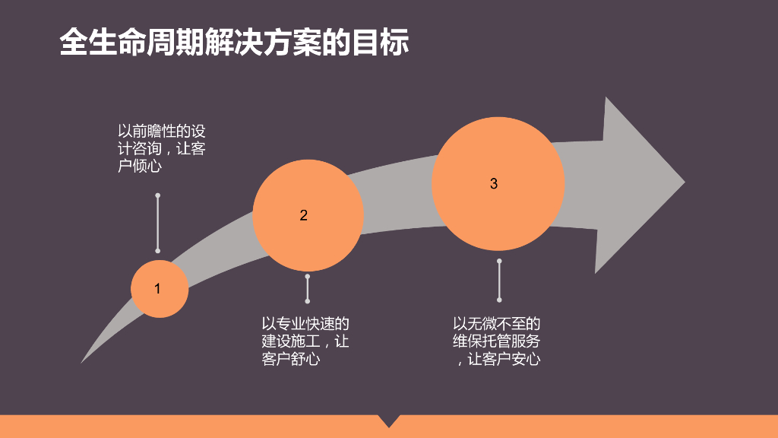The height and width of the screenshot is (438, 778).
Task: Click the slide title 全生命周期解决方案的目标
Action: [234, 43]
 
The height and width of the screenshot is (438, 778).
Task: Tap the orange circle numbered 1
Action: [160, 289]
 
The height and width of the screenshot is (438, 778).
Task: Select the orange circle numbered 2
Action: [308, 216]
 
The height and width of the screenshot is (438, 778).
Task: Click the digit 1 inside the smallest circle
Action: [157, 289]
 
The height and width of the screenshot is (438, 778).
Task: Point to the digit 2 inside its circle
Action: [304, 215]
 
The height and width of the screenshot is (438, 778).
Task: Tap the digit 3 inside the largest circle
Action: [494, 183]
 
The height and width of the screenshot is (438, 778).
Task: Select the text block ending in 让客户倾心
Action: [161, 148]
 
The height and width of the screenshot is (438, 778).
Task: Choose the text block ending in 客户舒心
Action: [305, 341]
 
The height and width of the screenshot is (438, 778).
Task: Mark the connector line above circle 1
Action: [157, 223]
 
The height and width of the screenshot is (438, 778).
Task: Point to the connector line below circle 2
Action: [308, 289]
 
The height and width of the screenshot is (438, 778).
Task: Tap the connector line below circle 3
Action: [499, 280]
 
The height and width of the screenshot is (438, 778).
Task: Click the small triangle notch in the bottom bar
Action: [389, 420]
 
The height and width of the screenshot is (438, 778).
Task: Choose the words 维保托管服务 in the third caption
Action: [497, 341]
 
